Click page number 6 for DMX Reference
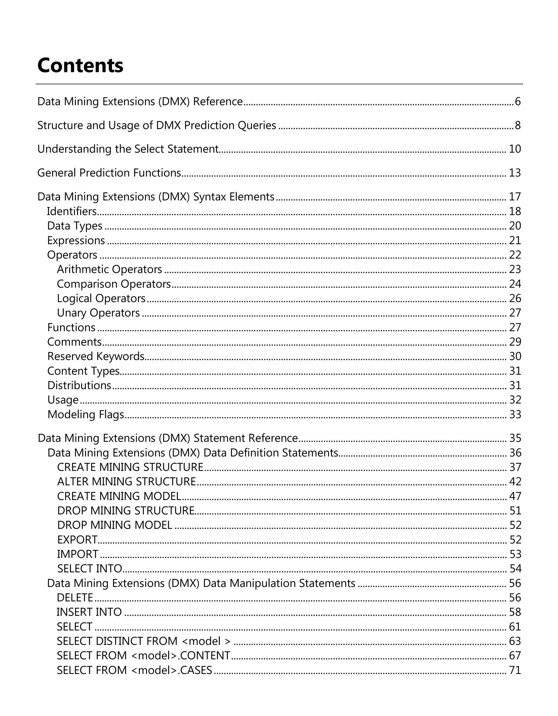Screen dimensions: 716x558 [517, 102]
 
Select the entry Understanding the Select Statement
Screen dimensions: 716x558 [128, 149]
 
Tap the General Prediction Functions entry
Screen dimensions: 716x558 [109, 173]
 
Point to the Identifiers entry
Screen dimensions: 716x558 [72, 211]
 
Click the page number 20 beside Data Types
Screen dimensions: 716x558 [515, 226]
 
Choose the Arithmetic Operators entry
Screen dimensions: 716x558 [109, 269]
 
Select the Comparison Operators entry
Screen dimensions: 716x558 [114, 284]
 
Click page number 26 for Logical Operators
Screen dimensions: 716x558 [515, 298]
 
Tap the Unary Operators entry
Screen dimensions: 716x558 [98, 313]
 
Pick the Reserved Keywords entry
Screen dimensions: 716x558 [96, 356]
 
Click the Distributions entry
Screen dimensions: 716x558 [79, 385]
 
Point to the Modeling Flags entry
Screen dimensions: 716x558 [86, 414]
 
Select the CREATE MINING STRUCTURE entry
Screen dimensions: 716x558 [130, 467]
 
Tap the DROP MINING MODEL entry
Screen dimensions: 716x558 [115, 525]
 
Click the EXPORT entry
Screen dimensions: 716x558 [77, 540]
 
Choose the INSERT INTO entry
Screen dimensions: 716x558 [89, 612]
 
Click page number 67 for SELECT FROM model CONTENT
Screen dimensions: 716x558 [515, 656]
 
